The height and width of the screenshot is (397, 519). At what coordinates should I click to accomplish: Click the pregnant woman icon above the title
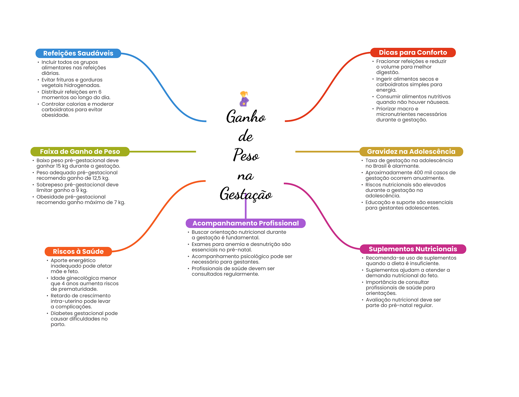click(244, 99)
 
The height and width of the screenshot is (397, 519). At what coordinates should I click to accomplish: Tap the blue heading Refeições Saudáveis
click(78, 53)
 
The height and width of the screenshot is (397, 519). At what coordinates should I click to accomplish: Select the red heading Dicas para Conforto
click(413, 53)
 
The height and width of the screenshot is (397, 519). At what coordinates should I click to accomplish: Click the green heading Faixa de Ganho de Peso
click(80, 152)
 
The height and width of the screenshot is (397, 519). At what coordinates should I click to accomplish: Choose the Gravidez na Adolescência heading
click(411, 152)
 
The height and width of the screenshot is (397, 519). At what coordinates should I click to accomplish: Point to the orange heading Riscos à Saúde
click(78, 252)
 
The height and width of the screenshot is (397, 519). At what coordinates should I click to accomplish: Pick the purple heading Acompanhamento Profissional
click(246, 223)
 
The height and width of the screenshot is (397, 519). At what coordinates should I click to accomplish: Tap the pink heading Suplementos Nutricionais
click(413, 249)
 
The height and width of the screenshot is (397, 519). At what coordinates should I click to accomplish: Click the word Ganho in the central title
click(246, 117)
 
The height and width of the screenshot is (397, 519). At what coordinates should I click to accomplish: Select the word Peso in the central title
click(246, 155)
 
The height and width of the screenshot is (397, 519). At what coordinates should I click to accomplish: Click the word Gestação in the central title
click(246, 194)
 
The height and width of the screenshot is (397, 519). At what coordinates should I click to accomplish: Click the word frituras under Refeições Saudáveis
click(68, 80)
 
